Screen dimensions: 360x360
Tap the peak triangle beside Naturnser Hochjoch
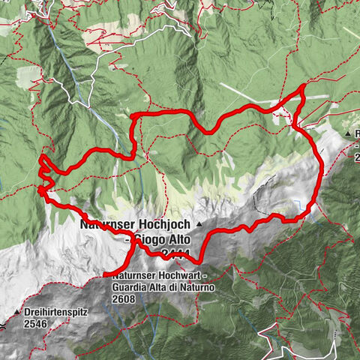point(199,224)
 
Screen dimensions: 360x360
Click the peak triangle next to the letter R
point(348,133)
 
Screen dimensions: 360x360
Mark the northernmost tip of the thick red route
point(302,88)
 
